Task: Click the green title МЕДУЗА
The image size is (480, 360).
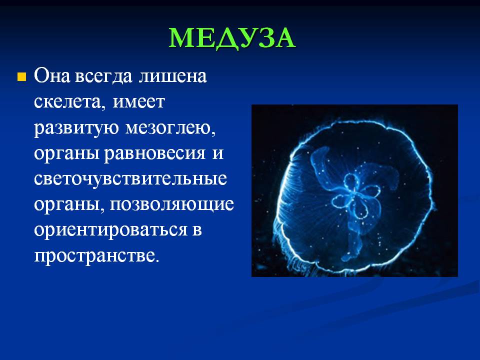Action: (x=232, y=38)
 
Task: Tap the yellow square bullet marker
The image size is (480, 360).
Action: (x=21, y=76)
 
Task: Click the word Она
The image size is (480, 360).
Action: (x=52, y=75)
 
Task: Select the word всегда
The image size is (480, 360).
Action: (x=103, y=76)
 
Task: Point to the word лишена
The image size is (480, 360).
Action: (x=172, y=76)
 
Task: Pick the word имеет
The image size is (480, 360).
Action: (x=139, y=101)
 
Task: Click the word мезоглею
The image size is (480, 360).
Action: (x=170, y=128)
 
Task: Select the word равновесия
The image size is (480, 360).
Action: (x=154, y=154)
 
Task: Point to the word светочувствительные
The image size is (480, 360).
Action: (x=130, y=179)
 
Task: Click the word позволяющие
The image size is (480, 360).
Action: (x=171, y=204)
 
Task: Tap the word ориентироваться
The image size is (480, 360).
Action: (x=110, y=230)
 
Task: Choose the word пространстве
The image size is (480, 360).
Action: (x=96, y=256)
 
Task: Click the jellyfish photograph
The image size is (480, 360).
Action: (x=354, y=190)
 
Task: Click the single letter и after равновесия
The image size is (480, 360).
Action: (x=217, y=154)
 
